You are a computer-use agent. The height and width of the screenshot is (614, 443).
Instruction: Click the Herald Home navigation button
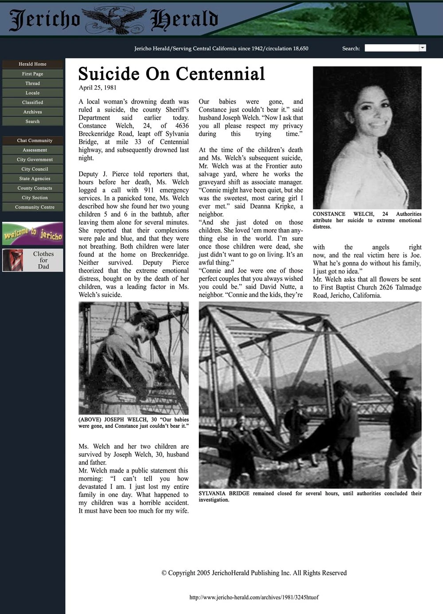point(32,64)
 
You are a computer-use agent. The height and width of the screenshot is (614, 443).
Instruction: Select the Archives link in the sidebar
point(32,112)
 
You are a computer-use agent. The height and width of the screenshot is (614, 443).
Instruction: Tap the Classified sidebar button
point(32,102)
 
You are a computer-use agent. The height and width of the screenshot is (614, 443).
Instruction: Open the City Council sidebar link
point(35,169)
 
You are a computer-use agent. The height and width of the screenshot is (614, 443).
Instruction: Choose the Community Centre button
point(35,207)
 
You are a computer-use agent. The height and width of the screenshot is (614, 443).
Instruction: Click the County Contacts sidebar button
point(35,188)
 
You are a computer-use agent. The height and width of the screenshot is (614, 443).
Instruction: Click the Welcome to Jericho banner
point(33,234)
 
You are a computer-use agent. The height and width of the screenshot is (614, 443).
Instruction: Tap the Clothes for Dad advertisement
point(33,260)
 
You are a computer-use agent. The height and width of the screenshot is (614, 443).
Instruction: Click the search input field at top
point(392,48)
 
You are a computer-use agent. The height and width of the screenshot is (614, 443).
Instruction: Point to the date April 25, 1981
point(97,88)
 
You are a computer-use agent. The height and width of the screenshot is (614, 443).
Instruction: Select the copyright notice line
point(254,573)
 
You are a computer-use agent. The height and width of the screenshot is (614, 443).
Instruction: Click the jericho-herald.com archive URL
point(254,597)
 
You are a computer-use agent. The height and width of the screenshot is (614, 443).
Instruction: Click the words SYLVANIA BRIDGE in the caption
point(224,493)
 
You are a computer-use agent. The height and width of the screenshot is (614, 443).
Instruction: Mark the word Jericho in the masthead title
point(45,20)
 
